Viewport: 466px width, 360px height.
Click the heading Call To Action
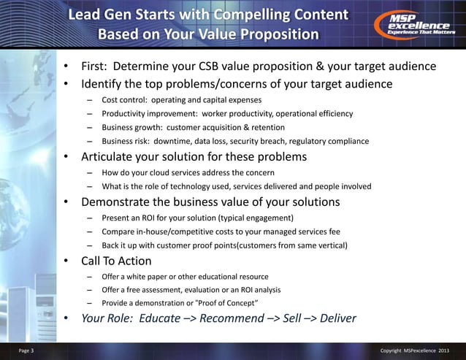pos(116,261)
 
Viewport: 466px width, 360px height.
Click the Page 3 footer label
pos(17,351)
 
